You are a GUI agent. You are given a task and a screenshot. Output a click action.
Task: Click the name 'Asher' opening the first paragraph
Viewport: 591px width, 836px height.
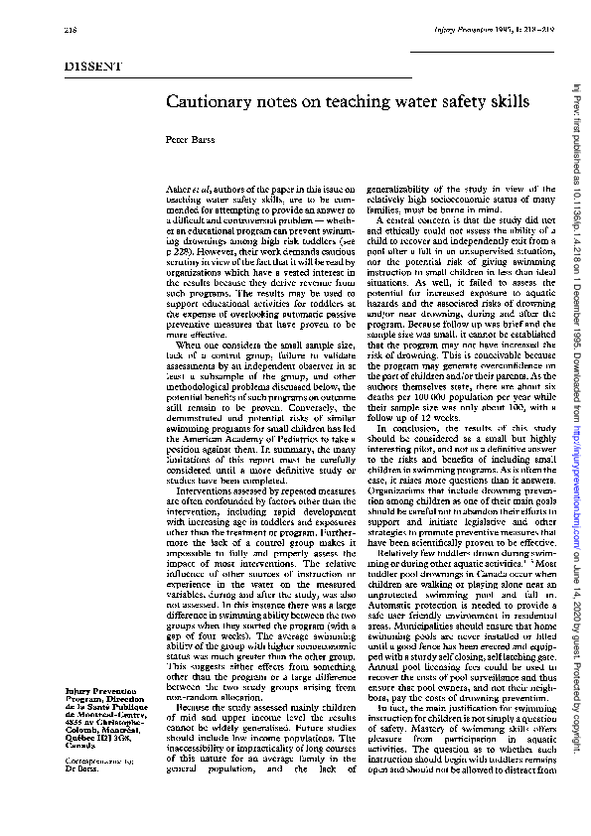tap(179, 190)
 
